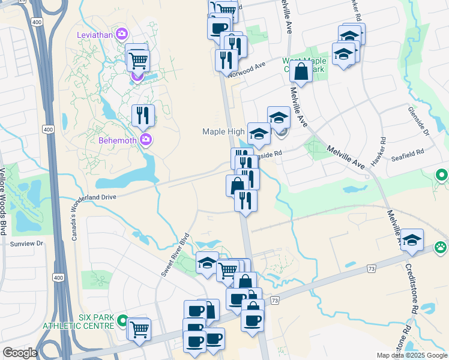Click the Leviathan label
[x=95, y=34]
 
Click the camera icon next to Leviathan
[x=122, y=34]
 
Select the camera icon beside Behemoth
[x=145, y=140]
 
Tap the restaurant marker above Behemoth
[x=143, y=115]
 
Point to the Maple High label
[x=223, y=131]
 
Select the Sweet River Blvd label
[x=175, y=254]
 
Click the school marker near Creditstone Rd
[x=412, y=240]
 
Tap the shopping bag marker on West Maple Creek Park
[x=300, y=71]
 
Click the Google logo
[x=19, y=353]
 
